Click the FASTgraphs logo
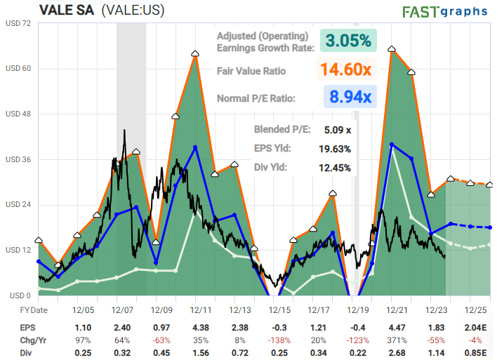click(x=446, y=12)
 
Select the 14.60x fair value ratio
click(x=347, y=69)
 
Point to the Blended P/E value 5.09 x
click(x=338, y=129)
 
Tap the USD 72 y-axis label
click(x=18, y=23)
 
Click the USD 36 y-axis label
click(x=18, y=159)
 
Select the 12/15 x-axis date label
click(x=280, y=309)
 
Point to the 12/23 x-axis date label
click(x=437, y=309)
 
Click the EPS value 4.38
click(x=201, y=328)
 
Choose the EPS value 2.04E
click(x=477, y=328)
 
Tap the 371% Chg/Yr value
click(x=398, y=340)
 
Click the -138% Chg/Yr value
click(x=279, y=340)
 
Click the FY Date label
click(x=33, y=309)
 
